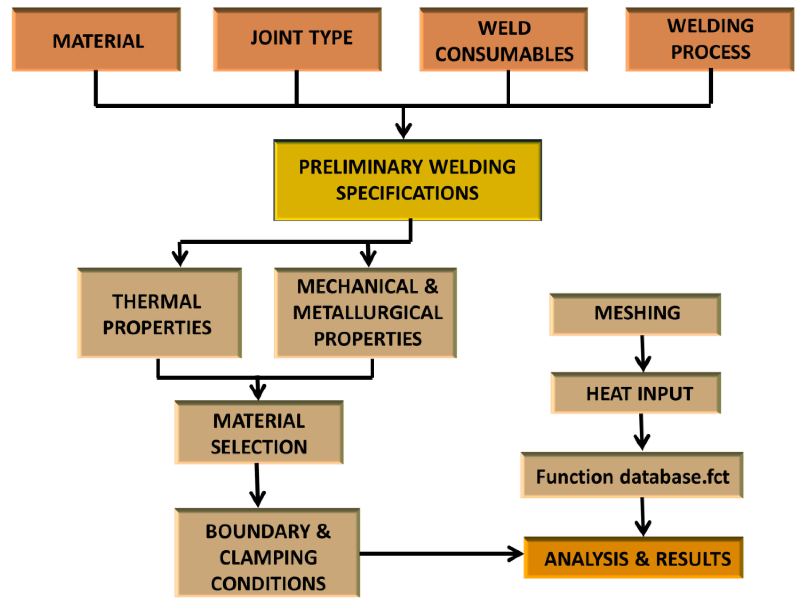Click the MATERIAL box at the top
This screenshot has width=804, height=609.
click(96, 40)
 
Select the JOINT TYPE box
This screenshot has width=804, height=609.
click(297, 39)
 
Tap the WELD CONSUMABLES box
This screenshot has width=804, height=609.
click(503, 40)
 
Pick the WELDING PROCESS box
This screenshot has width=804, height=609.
click(709, 39)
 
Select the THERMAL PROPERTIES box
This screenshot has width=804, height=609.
click(159, 313)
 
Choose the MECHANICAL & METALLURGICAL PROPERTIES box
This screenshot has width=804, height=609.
click(365, 313)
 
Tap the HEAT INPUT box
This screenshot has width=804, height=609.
click(636, 393)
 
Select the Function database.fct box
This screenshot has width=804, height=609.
click(632, 475)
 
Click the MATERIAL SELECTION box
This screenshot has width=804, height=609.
click(259, 433)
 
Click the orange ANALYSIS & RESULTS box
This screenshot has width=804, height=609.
click(633, 557)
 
